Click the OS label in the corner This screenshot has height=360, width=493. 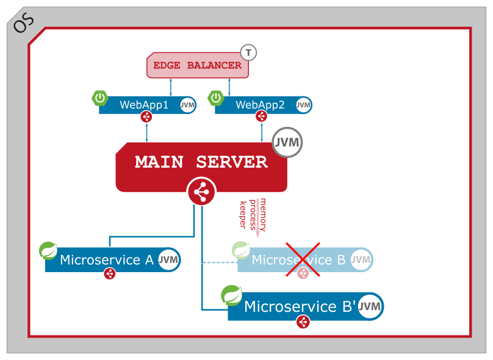pyautogui.click(x=23, y=23)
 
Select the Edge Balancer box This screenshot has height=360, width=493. pyautogui.click(x=197, y=65)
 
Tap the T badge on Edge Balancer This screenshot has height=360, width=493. pyautogui.click(x=248, y=52)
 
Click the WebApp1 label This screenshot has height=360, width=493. pyautogui.click(x=144, y=105)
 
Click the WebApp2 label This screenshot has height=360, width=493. pyautogui.click(x=260, y=105)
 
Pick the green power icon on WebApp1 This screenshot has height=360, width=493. pyautogui.click(x=100, y=98)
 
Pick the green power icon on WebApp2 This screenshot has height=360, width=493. pyautogui.click(x=216, y=98)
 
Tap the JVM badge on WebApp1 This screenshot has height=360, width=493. pyautogui.click(x=187, y=105)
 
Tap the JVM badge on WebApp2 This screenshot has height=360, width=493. pyautogui.click(x=303, y=105)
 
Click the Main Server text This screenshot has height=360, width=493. pyautogui.click(x=201, y=162)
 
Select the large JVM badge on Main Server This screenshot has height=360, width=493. pyautogui.click(x=287, y=143)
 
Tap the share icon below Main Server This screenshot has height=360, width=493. pyautogui.click(x=201, y=192)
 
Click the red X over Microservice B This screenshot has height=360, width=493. pyautogui.click(x=303, y=259)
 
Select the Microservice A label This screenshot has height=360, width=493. pyautogui.click(x=107, y=260)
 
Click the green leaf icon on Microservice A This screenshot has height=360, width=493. pyautogui.click(x=48, y=250)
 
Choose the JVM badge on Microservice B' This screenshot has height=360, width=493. pyautogui.click(x=370, y=306)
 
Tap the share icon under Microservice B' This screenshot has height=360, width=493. pyautogui.click(x=303, y=322)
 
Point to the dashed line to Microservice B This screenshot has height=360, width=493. pyautogui.click(x=220, y=262)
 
